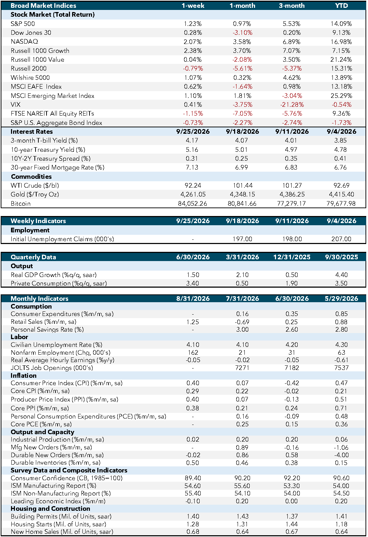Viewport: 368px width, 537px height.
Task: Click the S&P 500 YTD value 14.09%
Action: (x=341, y=24)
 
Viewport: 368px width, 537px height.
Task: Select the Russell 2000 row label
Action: (x=28, y=68)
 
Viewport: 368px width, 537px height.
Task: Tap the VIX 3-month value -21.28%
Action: (x=292, y=105)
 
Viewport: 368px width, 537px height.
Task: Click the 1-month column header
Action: (x=242, y=6)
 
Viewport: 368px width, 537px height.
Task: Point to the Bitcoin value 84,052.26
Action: (x=193, y=204)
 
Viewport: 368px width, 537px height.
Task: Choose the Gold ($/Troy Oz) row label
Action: (x=35, y=194)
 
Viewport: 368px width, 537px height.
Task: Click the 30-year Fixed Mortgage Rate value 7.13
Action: (x=192, y=167)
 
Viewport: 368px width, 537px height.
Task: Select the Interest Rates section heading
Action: (x=32, y=132)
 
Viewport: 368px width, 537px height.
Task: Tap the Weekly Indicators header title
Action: (x=38, y=221)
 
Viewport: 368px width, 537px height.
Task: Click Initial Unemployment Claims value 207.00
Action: (x=341, y=239)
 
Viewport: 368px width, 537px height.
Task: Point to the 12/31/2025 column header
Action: (x=292, y=257)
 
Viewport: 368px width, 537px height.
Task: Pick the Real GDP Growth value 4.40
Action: (x=341, y=275)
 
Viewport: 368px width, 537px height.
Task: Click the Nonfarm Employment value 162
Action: (x=193, y=353)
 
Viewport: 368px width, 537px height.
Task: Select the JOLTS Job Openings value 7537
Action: (x=341, y=368)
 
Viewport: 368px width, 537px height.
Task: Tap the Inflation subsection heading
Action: (x=23, y=375)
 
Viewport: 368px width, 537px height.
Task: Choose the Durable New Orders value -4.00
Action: (x=341, y=455)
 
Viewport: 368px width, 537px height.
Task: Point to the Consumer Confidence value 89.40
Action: (x=193, y=478)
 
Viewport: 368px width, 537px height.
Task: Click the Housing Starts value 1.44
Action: (x=292, y=524)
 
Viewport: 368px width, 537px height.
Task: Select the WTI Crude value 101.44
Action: (x=243, y=185)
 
